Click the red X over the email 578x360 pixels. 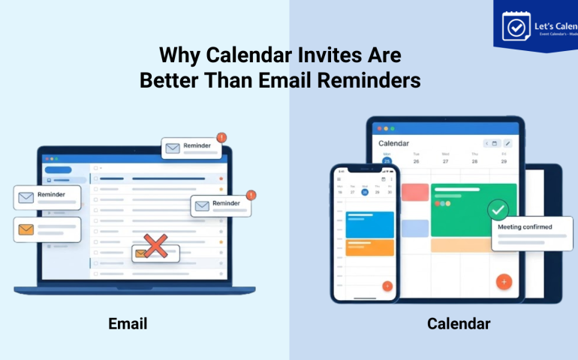click(155, 245)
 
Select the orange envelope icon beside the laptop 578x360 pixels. click(27, 229)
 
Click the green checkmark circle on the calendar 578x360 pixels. click(498, 209)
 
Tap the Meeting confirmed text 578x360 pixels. click(525, 227)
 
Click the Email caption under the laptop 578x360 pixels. click(128, 324)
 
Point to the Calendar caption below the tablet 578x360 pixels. click(459, 324)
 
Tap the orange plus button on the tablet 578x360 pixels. click(504, 282)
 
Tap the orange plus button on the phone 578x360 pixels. click(387, 286)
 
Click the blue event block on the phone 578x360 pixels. click(369, 223)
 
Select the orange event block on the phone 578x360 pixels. click(369, 247)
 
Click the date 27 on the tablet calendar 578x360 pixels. click(445, 160)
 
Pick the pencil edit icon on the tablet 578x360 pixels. click(507, 143)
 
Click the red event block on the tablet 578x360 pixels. click(414, 192)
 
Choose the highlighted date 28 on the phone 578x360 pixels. click(365, 191)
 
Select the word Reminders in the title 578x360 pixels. click(375, 80)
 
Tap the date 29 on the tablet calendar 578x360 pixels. click(504, 160)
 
